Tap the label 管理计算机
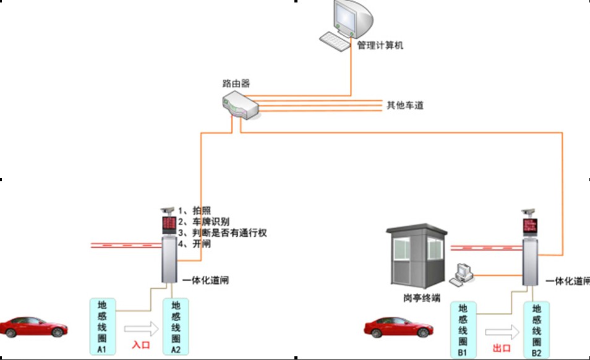[380, 45]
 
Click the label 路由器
[236, 83]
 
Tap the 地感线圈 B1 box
[463, 329]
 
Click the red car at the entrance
[33, 327]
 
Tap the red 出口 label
[501, 349]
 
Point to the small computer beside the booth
[463, 274]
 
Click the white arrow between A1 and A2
[140, 326]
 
